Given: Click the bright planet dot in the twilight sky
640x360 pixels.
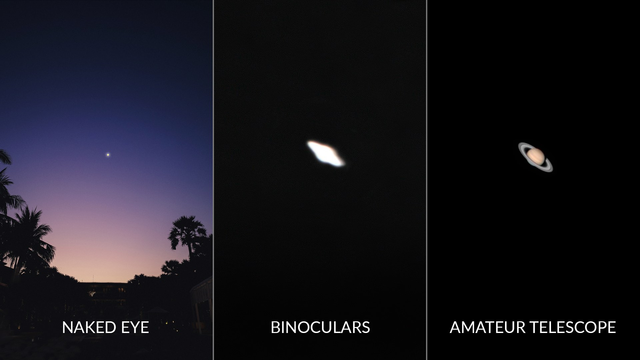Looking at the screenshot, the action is (108, 154).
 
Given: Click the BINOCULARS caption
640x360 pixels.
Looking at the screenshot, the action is (320, 327).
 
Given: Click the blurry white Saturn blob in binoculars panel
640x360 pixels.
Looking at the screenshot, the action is (326, 153).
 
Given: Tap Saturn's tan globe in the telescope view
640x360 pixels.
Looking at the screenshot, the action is (535, 155).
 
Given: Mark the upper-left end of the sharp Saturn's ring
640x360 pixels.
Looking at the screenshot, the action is (519, 145).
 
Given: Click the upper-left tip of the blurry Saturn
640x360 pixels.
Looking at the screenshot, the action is (308, 142).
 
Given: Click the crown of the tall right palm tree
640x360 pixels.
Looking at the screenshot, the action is (187, 230).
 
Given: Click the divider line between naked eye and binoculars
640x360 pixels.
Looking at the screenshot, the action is (213, 180).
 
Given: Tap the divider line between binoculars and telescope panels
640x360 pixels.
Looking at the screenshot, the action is (427, 180).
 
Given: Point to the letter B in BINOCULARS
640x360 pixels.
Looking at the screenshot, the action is (275, 327).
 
